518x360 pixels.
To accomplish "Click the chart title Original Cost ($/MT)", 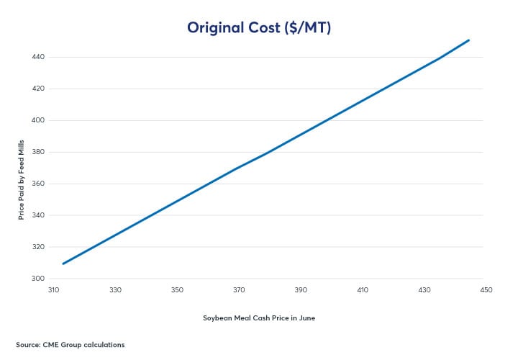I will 258,27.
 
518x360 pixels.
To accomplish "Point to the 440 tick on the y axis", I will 39,57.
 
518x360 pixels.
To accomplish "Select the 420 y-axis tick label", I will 39,89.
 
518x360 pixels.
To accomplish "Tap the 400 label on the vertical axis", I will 39,120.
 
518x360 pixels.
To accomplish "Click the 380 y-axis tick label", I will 39,152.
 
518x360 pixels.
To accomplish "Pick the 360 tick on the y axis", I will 39,184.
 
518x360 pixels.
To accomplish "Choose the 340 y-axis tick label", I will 39,215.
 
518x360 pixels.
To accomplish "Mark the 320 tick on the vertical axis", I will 39,247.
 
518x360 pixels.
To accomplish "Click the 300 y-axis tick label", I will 39,279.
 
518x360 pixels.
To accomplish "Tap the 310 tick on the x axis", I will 53,290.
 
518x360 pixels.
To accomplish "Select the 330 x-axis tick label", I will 115,290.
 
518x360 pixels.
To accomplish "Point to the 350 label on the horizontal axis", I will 177,290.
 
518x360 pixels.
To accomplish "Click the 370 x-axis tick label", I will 239,290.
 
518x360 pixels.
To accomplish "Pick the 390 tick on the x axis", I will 301,290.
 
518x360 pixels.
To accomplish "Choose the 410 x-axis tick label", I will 363,290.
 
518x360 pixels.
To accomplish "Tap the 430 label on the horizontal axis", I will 424,290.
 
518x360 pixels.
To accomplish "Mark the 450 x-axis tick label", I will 486,290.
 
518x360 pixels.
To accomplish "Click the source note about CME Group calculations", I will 70,345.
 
